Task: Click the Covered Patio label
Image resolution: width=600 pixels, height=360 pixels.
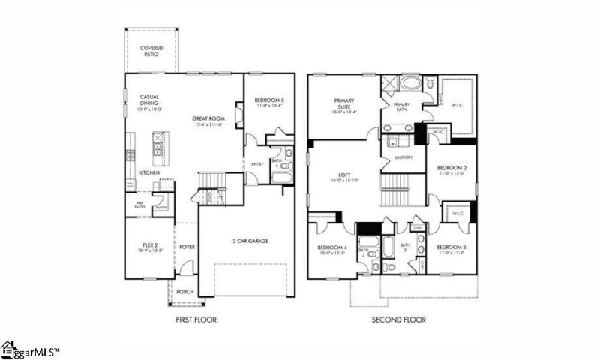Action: [x=152, y=51]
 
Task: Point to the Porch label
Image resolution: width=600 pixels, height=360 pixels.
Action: [x=184, y=293]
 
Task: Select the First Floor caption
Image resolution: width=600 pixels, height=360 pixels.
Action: [x=196, y=319]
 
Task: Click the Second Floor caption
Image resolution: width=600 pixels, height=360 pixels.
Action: [x=398, y=319]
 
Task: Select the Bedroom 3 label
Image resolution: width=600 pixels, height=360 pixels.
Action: [x=451, y=247]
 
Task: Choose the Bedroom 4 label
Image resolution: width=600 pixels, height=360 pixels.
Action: [x=332, y=248]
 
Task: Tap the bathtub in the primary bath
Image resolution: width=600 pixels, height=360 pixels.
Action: [x=411, y=82]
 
